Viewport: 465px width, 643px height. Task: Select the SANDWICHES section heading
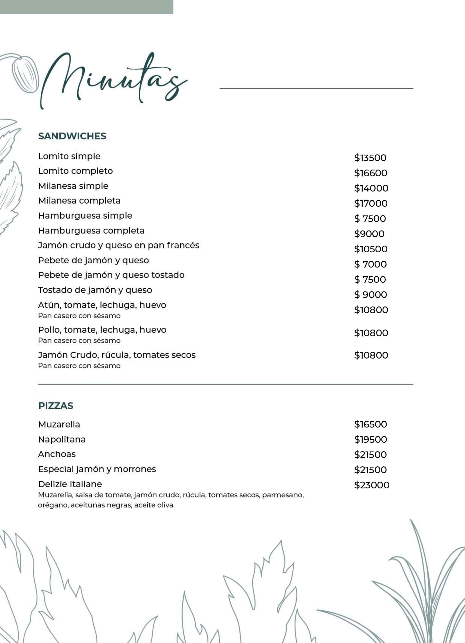click(72, 136)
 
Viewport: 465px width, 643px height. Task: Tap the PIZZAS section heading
click(56, 406)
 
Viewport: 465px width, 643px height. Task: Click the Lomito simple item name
click(69, 156)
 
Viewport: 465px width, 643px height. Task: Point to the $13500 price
click(370, 158)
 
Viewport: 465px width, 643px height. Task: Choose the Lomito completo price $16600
click(370, 173)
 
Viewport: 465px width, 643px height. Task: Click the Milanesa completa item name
click(79, 201)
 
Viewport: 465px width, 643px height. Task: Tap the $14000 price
click(371, 188)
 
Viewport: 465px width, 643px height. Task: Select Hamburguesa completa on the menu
click(91, 231)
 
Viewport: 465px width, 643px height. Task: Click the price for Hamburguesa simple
click(370, 219)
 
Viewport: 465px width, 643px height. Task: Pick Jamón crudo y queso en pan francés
click(119, 246)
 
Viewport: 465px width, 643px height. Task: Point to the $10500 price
click(371, 249)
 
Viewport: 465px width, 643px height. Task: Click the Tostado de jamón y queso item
click(95, 290)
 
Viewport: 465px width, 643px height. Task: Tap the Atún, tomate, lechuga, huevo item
click(102, 305)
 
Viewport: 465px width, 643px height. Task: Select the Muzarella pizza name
click(59, 424)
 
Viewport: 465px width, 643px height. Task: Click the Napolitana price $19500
click(370, 439)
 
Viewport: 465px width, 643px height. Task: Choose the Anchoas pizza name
click(57, 454)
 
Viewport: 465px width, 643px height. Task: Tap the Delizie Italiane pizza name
click(70, 484)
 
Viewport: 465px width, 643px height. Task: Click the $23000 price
click(372, 485)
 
